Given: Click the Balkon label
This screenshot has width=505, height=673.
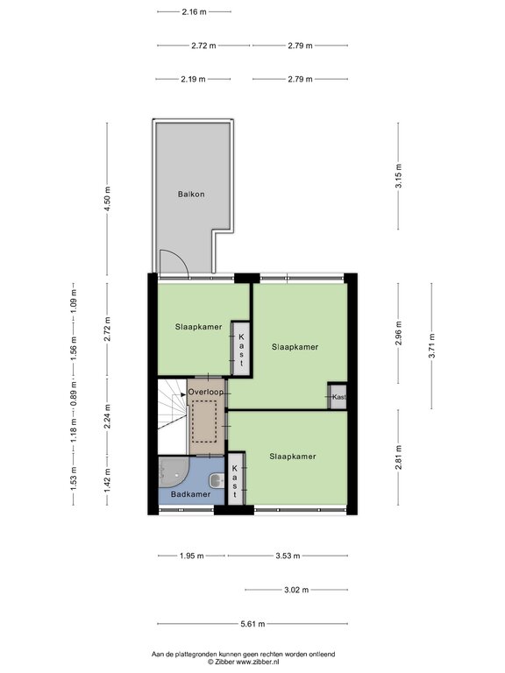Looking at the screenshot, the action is click(x=191, y=195).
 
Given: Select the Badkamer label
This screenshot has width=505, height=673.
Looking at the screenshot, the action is click(x=190, y=494).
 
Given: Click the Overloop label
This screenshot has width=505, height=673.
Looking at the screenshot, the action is click(x=206, y=393).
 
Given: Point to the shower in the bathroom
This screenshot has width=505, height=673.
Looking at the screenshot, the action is click(x=173, y=472).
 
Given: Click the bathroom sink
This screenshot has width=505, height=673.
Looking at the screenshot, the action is click(x=217, y=481).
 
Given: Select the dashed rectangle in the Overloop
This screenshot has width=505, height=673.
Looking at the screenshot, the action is click(x=204, y=421).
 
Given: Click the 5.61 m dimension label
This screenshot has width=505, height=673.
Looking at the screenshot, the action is click(x=252, y=624).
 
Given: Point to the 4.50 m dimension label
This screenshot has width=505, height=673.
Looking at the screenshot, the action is click(x=107, y=198).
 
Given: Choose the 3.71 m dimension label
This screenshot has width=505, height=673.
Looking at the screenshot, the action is click(x=431, y=345).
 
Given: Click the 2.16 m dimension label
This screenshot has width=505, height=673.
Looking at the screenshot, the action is click(x=194, y=12).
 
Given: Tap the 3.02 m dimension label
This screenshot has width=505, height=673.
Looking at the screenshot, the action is click(x=296, y=590).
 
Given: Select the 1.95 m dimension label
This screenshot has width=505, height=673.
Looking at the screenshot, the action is click(x=191, y=556).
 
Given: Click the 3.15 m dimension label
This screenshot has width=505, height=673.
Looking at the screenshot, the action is click(x=399, y=176).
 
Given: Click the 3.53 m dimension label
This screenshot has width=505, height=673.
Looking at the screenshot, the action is click(x=288, y=556).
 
